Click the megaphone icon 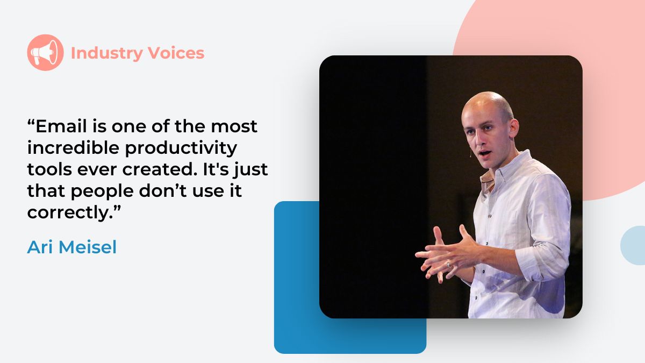point(45,53)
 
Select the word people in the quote point(100,191)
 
